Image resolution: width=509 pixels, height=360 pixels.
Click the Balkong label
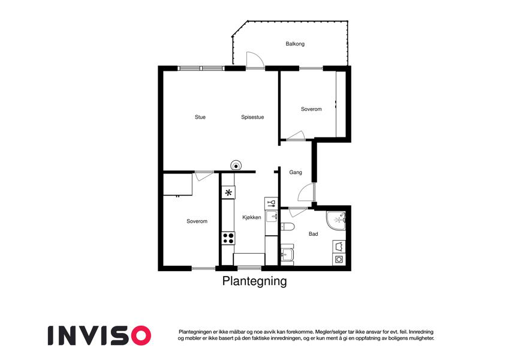(x=295, y=44)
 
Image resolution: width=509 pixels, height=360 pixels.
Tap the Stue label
(x=200, y=117)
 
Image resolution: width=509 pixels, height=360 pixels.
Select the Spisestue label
(x=252, y=117)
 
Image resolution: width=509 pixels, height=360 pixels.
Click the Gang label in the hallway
(x=296, y=172)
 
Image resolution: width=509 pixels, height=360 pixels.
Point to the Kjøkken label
(x=252, y=217)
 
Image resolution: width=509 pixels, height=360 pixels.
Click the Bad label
(x=314, y=233)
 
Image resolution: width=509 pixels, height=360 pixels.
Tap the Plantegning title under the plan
(x=254, y=281)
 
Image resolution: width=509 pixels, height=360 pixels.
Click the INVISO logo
(x=100, y=335)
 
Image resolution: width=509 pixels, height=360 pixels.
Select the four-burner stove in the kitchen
(x=228, y=238)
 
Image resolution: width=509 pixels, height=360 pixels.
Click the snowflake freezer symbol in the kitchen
(x=228, y=193)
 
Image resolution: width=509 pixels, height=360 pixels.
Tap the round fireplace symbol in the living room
(x=236, y=166)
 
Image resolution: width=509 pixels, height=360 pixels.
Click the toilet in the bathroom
(x=287, y=226)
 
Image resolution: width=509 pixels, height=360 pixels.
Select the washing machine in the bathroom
(x=339, y=259)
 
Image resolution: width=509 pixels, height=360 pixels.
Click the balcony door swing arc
(x=255, y=60)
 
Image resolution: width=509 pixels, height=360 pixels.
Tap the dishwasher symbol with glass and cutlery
(x=271, y=203)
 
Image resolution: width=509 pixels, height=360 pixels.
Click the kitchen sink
(x=271, y=217)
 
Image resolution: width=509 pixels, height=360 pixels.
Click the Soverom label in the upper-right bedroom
(x=311, y=109)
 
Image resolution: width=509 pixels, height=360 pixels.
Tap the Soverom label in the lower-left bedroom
(x=197, y=221)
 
